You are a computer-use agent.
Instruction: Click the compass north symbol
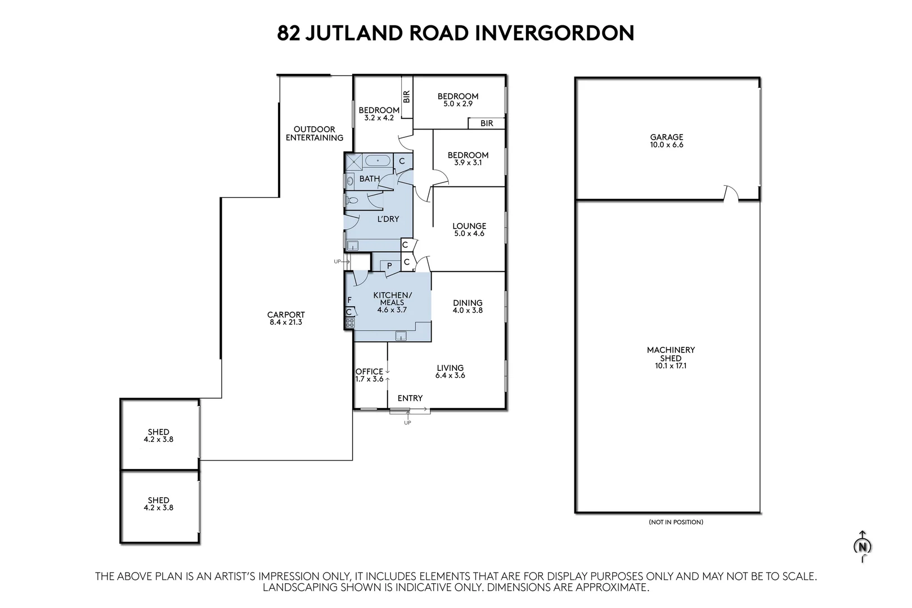coord(862,547)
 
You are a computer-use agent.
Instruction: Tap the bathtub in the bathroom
coord(378,161)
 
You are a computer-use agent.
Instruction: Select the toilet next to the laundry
coord(352,200)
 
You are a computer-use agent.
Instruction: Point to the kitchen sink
coord(401,336)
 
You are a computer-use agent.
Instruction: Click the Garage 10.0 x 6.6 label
coord(667,141)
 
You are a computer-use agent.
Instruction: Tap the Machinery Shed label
coord(671,357)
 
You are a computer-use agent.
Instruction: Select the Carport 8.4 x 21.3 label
coord(286,318)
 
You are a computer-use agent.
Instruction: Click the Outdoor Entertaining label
coord(315,133)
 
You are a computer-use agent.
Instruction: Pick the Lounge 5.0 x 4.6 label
coord(469,230)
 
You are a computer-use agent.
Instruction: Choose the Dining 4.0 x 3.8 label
coord(468,306)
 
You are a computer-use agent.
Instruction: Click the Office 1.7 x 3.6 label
coord(369,375)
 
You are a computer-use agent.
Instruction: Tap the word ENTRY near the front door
coord(410,398)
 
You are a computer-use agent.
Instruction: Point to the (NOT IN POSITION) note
coord(676,522)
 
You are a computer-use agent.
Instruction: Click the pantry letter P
coord(389,266)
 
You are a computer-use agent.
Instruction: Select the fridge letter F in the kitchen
coord(349,300)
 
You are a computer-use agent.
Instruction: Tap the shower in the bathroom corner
coord(353,162)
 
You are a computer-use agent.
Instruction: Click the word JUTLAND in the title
coord(353,33)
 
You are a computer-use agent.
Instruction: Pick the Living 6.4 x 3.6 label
coord(450,371)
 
